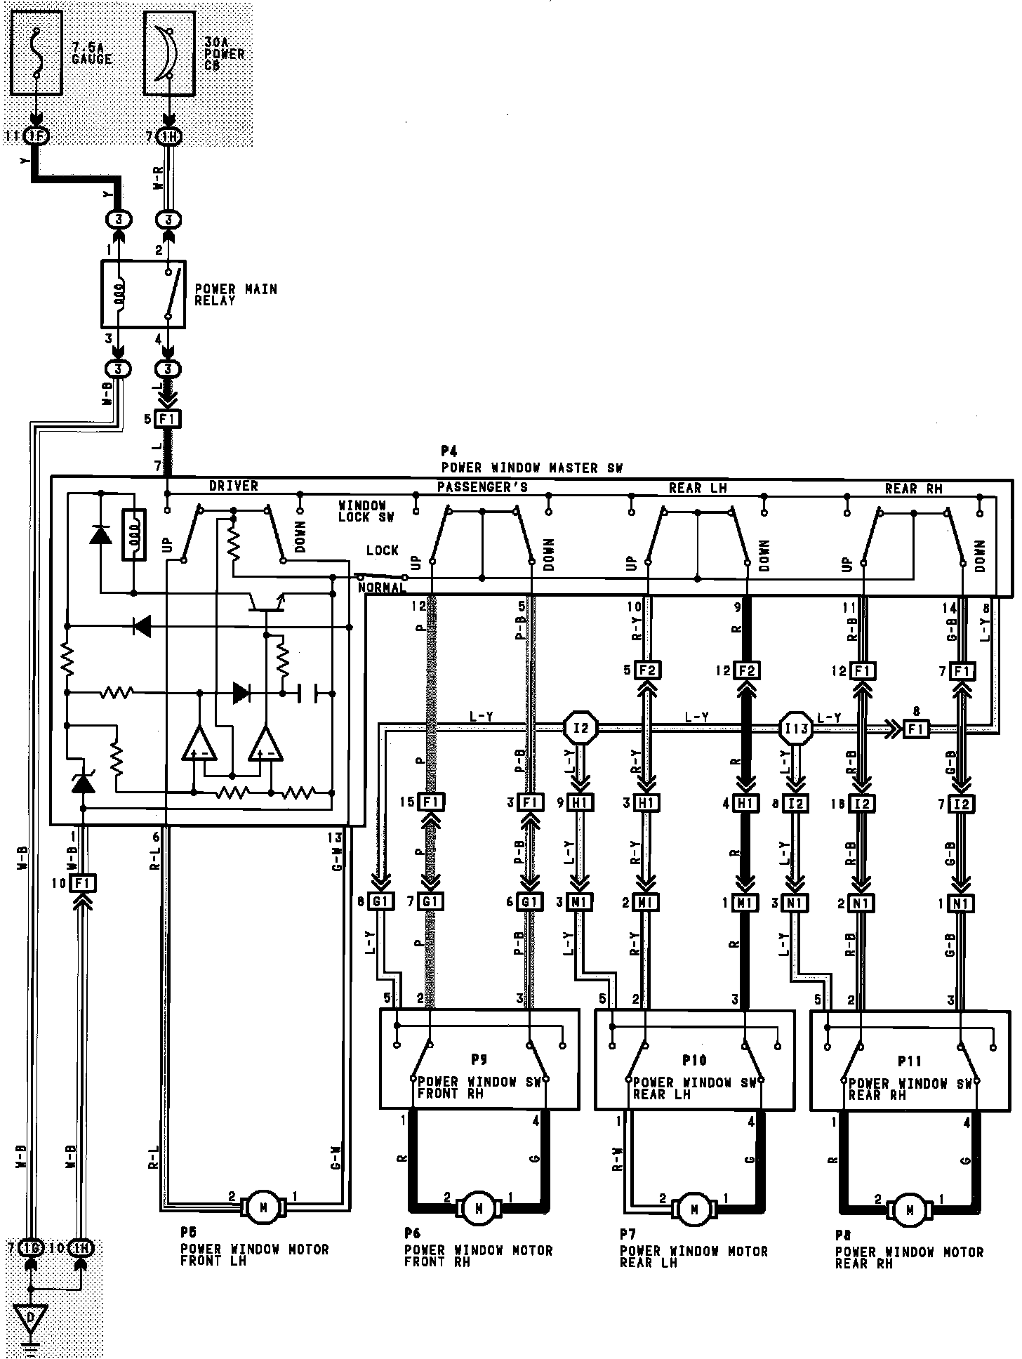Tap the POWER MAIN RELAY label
(235, 294)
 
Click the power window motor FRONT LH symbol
(263, 1205)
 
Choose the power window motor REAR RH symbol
(910, 1209)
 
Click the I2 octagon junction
(581, 727)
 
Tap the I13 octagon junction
(795, 729)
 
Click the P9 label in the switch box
(479, 1059)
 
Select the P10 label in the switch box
(694, 1060)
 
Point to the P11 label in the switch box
(909, 1061)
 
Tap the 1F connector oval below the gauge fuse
(36, 135)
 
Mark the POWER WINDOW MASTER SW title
(531, 468)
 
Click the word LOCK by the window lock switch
(382, 550)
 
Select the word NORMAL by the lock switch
(381, 587)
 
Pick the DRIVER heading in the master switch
(233, 486)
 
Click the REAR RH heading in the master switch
(913, 488)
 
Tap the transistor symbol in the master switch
(267, 602)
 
